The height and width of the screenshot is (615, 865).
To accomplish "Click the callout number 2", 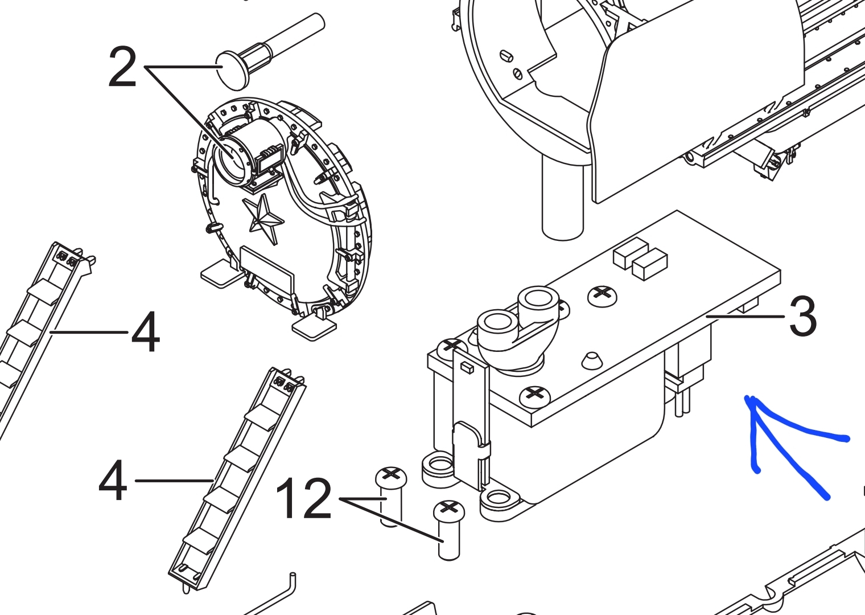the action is click(x=123, y=67).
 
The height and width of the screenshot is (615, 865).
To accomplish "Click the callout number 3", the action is click(x=802, y=317).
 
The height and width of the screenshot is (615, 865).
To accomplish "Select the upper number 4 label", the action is click(x=145, y=332).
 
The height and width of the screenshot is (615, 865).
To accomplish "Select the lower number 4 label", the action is click(x=113, y=481).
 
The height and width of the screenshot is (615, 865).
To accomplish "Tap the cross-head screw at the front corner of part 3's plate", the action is click(x=535, y=394).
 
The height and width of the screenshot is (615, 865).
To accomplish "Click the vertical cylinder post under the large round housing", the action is click(x=562, y=197).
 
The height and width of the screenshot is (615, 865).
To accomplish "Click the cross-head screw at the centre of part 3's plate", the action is click(x=602, y=296).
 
